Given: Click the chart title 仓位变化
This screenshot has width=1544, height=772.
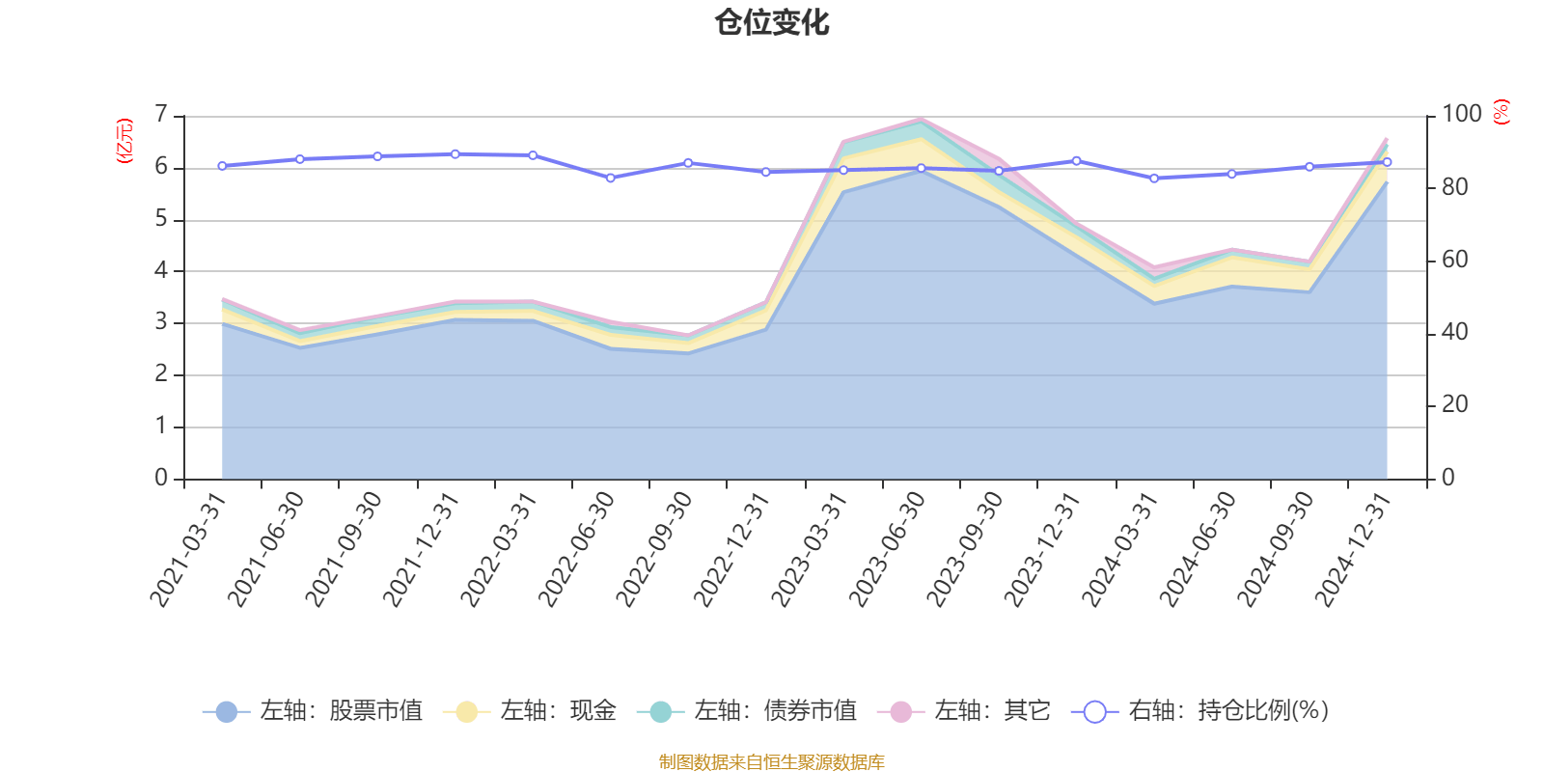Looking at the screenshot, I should pos(772,22).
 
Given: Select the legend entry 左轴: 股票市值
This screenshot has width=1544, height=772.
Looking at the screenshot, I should pos(313,712).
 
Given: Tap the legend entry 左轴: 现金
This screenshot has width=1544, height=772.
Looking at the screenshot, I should pos(530,712).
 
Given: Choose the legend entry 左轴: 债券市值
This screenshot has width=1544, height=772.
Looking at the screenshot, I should pos(747,712).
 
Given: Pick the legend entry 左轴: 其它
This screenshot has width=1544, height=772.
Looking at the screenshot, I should pos(964,712).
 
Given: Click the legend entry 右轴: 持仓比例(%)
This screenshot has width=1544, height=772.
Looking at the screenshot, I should pos(1200,712).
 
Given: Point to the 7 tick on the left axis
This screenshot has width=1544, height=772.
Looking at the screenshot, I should pos(161,116).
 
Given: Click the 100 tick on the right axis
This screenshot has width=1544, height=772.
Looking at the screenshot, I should pos(1461,115).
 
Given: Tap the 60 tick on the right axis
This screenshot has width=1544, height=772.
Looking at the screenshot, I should pos(1454,260).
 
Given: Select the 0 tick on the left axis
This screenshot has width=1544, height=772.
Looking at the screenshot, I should pos(161,479).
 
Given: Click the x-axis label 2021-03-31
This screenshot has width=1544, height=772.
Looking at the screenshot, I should pos(189,549).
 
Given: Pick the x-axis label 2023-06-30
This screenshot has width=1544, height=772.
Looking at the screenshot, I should pos(888,549).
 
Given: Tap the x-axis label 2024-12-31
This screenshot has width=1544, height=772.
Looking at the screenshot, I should pos(1354,549).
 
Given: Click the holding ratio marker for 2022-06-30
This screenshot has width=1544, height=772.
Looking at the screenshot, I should pos(610,178).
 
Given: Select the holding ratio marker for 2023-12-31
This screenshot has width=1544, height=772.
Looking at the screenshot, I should pos(1076,160).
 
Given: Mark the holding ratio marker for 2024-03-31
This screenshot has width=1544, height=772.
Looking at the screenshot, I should pos(1154,179).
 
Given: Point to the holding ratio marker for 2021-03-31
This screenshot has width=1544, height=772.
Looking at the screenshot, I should pos(222,166).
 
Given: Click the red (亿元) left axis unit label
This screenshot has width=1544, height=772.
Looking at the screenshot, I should pos(124,141).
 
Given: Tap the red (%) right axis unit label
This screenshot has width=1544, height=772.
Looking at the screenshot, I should pos(1501,113).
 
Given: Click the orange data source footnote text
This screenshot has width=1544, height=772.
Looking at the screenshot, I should pos(772,762).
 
